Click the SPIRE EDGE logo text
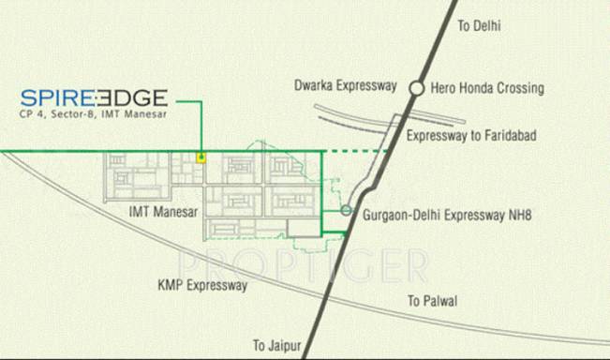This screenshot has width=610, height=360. click(x=94, y=97)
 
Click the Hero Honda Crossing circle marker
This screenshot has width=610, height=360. click(x=416, y=88)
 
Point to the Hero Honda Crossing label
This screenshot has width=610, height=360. click(x=487, y=88)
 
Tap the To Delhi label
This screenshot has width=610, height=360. click(x=479, y=26)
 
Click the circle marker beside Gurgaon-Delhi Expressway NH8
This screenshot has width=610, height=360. click(x=346, y=211)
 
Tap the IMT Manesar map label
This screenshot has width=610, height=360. click(x=165, y=213)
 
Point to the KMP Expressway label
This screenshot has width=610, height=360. click(x=203, y=284)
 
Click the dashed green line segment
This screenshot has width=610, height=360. click(x=356, y=151)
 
